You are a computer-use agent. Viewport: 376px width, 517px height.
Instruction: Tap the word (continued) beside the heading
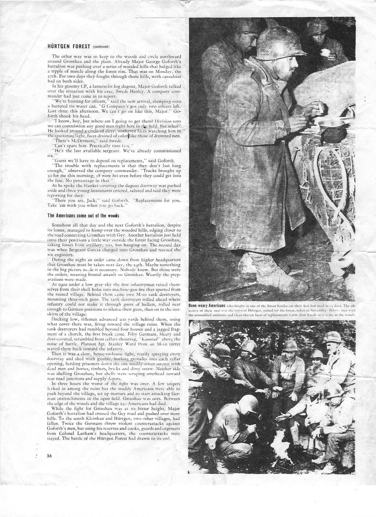101,47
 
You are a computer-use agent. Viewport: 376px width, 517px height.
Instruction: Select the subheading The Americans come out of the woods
83,216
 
